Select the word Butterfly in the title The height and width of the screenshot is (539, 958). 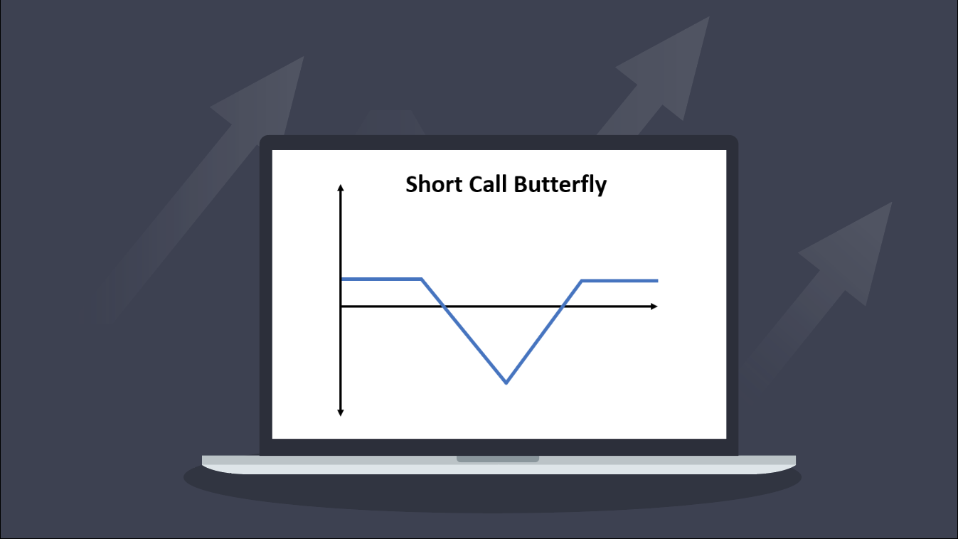click(x=560, y=186)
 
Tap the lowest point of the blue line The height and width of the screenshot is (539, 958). click(x=506, y=383)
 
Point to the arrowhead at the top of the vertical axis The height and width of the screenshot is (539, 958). click(x=341, y=188)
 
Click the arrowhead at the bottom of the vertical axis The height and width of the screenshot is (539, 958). click(x=341, y=412)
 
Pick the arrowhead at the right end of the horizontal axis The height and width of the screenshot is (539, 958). click(x=654, y=306)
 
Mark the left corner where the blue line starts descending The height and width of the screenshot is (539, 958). click(x=422, y=279)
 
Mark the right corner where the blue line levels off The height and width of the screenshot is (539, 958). click(x=582, y=281)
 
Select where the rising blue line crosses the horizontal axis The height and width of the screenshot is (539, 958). click(x=563, y=306)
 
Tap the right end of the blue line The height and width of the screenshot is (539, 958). click(x=657, y=281)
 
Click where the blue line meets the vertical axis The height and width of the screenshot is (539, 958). click(x=341, y=279)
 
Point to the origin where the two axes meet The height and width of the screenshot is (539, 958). click(x=341, y=306)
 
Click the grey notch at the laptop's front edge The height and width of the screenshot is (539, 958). click(x=498, y=459)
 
